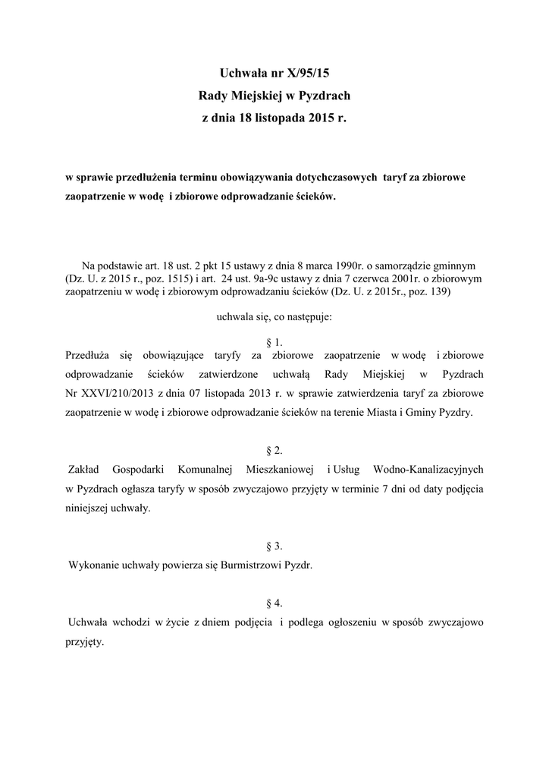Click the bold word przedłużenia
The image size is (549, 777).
146,178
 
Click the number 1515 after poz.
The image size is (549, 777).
174,278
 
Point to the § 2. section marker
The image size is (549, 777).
274,451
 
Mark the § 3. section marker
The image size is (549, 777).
274,546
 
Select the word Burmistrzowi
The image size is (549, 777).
253,565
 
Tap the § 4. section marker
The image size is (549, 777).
274,603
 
